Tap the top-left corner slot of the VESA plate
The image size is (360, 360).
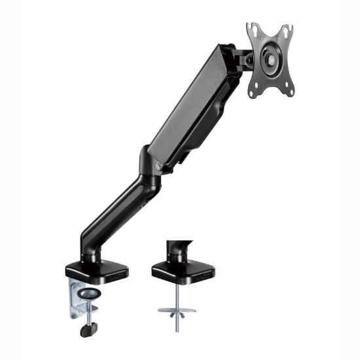pos(253,29)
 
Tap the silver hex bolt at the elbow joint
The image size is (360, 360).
pos(159,167)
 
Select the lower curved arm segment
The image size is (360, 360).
pos(118,209)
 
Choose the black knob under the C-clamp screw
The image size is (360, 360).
pos(88,330)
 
